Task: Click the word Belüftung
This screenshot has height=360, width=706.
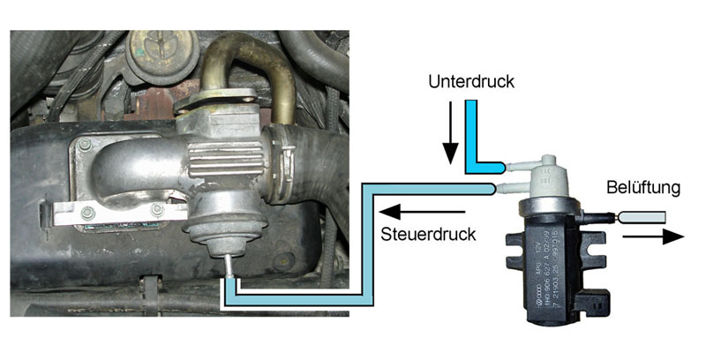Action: [640, 189]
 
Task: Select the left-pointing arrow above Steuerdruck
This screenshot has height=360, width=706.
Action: [423, 212]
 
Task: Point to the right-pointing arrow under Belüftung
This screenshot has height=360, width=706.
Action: [661, 236]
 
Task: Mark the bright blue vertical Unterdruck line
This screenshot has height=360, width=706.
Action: [470, 132]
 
